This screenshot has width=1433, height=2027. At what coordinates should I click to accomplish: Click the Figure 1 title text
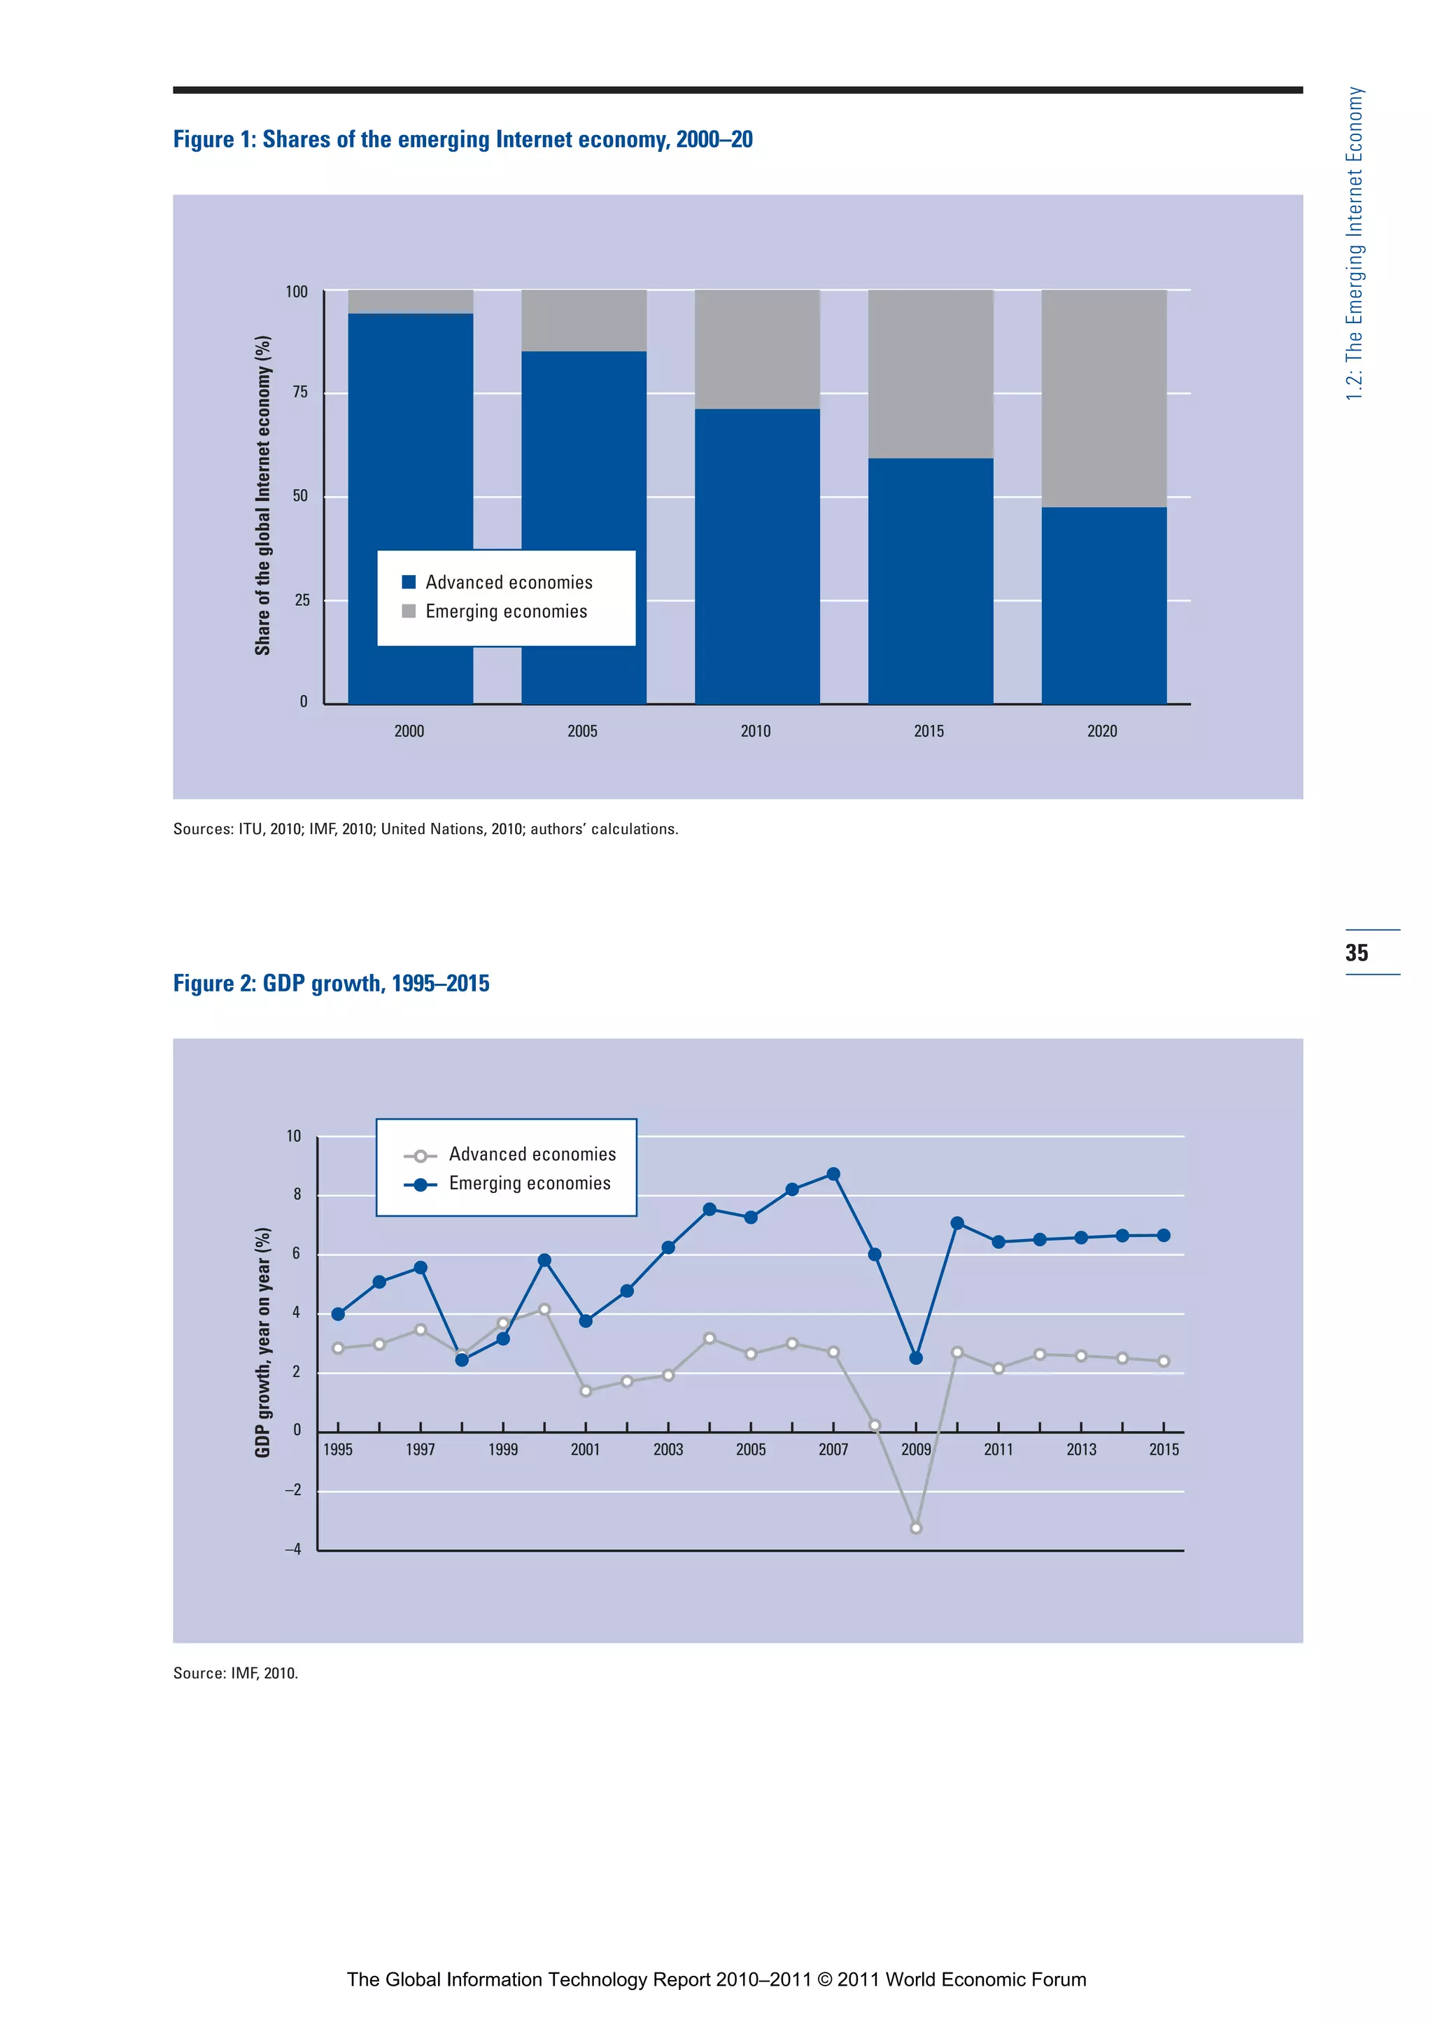pyautogui.click(x=463, y=139)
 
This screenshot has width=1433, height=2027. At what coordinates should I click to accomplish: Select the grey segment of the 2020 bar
pyautogui.click(x=1103, y=397)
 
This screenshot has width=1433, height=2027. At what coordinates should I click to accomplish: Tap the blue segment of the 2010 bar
pyautogui.click(x=756, y=556)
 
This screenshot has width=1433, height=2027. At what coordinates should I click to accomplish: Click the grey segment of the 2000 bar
pyautogui.click(x=411, y=301)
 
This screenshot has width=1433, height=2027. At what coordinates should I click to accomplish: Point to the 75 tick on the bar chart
pyautogui.click(x=300, y=393)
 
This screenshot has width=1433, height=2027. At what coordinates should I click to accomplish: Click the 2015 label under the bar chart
pyautogui.click(x=929, y=731)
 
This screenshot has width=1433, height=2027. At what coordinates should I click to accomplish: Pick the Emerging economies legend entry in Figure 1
pyautogui.click(x=505, y=612)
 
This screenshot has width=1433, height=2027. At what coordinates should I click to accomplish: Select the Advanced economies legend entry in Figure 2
pyautogui.click(x=532, y=1154)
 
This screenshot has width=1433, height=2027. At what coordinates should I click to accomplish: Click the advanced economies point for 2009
pyautogui.click(x=916, y=1528)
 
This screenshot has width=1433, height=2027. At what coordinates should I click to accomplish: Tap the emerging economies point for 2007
pyautogui.click(x=833, y=1174)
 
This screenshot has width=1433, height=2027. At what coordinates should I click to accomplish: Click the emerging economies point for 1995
pyautogui.click(x=338, y=1313)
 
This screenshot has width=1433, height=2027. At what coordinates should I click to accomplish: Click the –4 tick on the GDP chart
pyautogui.click(x=292, y=1549)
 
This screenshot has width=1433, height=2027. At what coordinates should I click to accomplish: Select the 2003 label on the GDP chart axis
pyautogui.click(x=668, y=1450)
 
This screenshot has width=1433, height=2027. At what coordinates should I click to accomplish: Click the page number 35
pyautogui.click(x=1356, y=952)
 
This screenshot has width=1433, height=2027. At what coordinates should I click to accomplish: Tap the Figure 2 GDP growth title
pyautogui.click(x=331, y=984)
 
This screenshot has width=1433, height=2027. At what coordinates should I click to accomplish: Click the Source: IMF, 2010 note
pyautogui.click(x=236, y=1673)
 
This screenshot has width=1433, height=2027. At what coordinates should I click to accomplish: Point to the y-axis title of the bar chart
pyautogui.click(x=262, y=495)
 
